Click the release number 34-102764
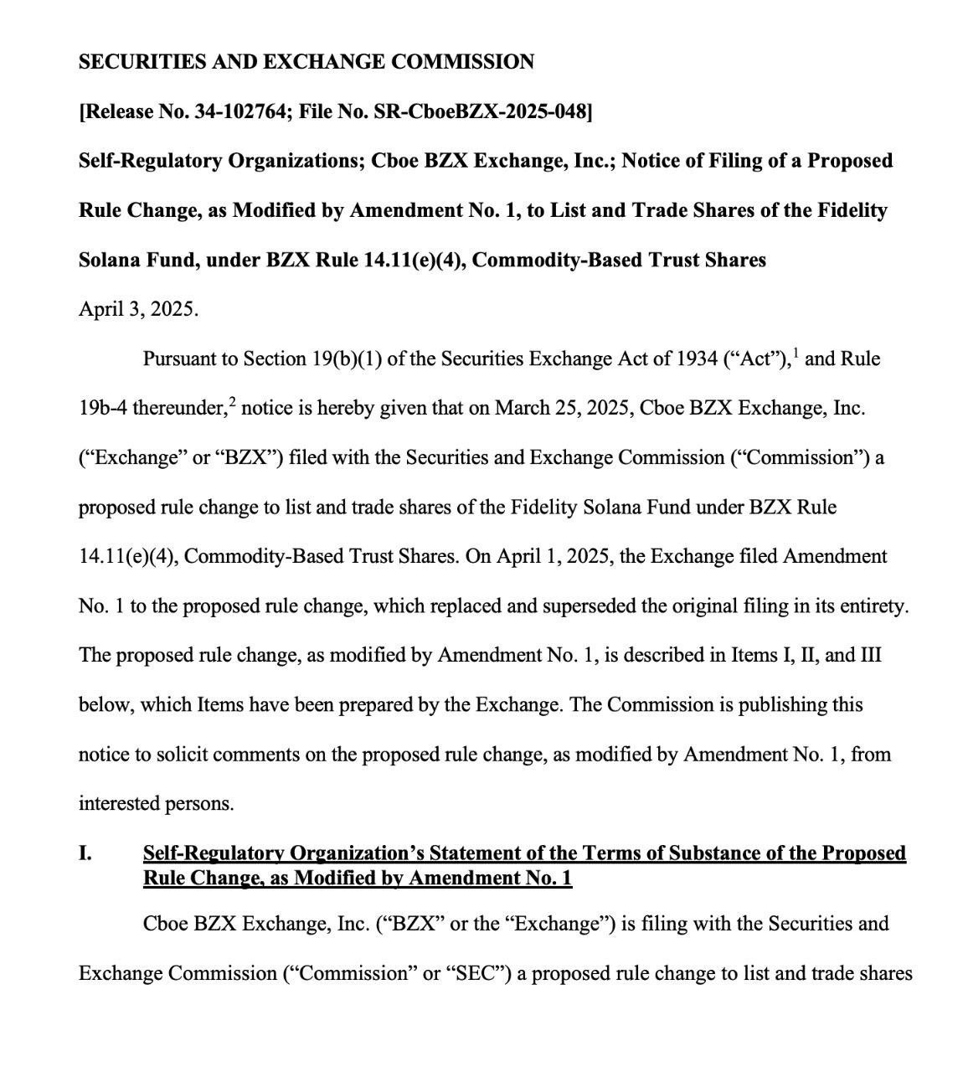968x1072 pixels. click(x=236, y=111)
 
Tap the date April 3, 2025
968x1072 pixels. click(x=138, y=309)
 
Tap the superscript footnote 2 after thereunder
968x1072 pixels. click(x=233, y=402)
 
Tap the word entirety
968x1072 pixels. click(x=876, y=606)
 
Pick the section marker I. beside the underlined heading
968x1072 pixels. click(x=85, y=853)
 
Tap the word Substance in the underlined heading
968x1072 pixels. click(x=693, y=853)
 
